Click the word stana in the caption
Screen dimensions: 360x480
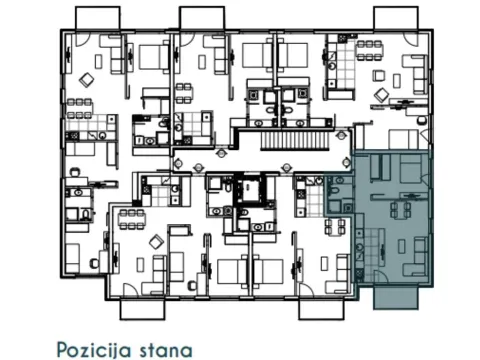(166, 349)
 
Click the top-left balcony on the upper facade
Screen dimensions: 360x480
(99, 17)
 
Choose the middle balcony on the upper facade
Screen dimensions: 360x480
(201, 17)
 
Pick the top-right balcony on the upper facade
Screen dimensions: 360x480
(397, 17)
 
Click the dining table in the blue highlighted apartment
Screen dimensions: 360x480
(401, 209)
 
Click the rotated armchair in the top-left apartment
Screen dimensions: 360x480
(88, 79)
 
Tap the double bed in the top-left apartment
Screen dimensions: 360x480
(150, 60)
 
